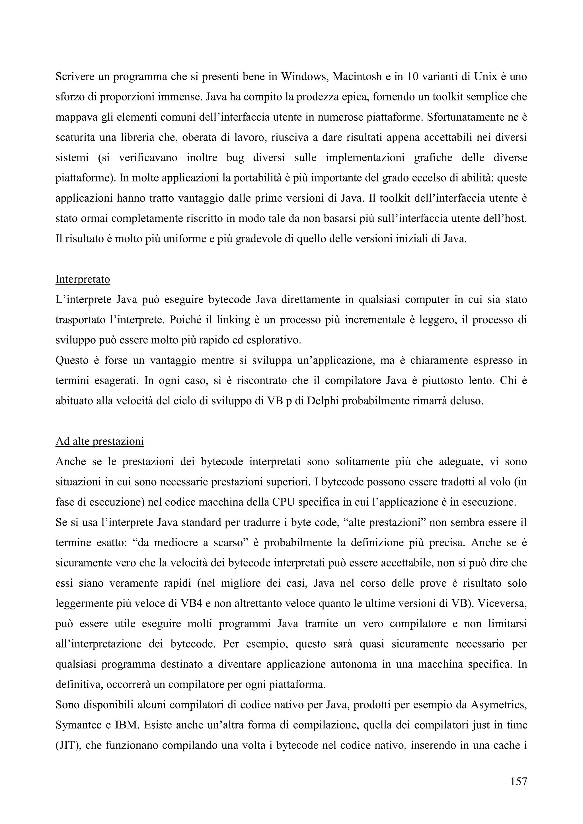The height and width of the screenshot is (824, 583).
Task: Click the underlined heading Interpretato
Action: point(83,279)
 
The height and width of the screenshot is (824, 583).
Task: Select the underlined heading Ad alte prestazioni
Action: point(100,441)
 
